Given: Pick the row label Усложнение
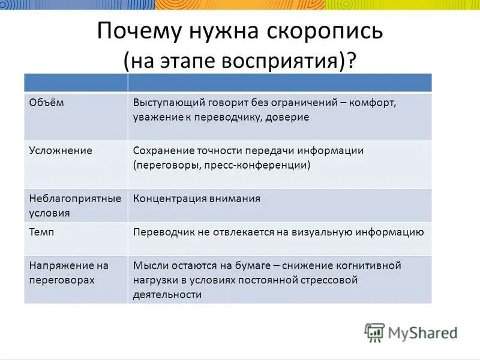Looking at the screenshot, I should pyautogui.click(x=61, y=151).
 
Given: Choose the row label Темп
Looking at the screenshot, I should pyautogui.click(x=40, y=232).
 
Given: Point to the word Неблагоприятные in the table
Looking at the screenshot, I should pyautogui.click(x=75, y=198).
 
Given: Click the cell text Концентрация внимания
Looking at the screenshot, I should pyautogui.click(x=197, y=199).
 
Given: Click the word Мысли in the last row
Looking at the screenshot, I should pyautogui.click(x=149, y=265).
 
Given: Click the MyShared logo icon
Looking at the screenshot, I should pyautogui.click(x=374, y=332).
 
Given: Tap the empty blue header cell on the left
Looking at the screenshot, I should pyautogui.click(x=76, y=83).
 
